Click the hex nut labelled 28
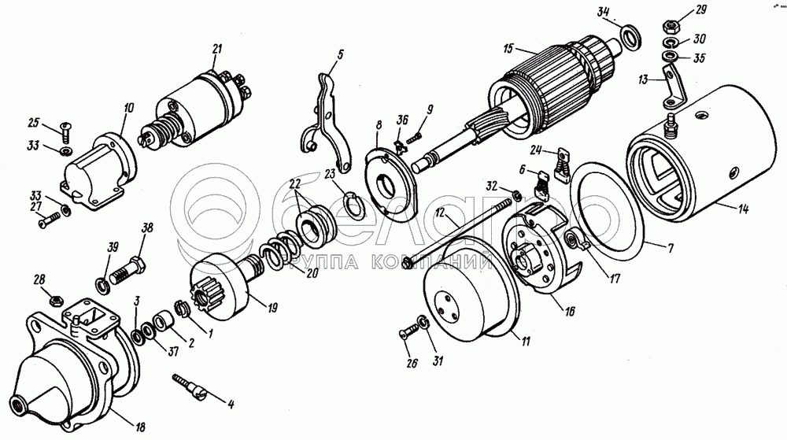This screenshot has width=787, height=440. [x=55, y=299]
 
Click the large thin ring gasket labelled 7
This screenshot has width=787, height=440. [x=610, y=213]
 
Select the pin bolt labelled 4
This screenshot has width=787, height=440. [x=193, y=387]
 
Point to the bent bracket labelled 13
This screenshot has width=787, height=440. [x=663, y=88]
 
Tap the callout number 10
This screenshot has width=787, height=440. [x=129, y=105]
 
